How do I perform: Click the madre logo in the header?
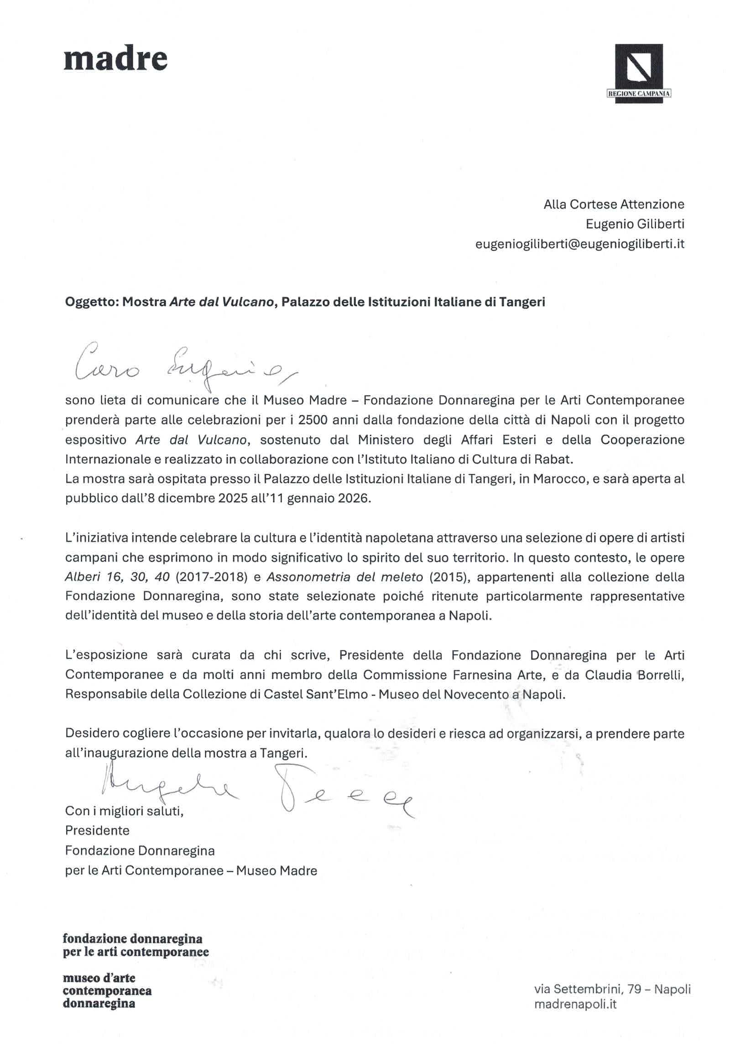tap(115, 59)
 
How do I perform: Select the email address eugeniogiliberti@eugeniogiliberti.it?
tap(580, 244)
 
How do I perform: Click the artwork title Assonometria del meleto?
tap(345, 577)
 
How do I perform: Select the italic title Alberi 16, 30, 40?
tap(118, 577)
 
